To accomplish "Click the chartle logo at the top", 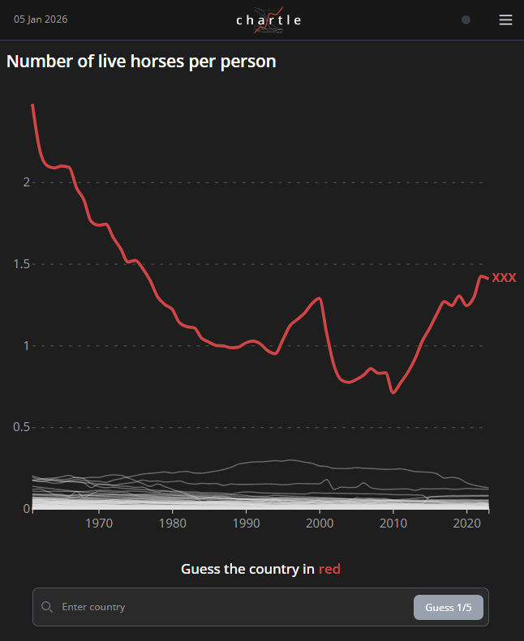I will click(x=268, y=20).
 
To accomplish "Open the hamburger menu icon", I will click(x=505, y=20).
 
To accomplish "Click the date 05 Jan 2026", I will click(x=41, y=19).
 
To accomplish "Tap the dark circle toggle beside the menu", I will click(x=466, y=20).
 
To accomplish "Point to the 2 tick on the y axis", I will click(x=26, y=182).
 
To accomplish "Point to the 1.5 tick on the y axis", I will click(x=21, y=264).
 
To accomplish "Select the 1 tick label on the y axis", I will click(x=26, y=346).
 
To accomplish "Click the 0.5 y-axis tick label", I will click(x=21, y=427).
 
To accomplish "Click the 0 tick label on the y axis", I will click(x=26, y=509).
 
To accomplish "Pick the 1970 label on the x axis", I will click(x=99, y=523).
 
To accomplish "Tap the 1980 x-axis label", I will click(x=173, y=523).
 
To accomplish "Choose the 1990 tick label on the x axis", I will click(x=246, y=523).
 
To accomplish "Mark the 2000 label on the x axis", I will click(x=320, y=523).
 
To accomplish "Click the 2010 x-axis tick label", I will click(x=393, y=523).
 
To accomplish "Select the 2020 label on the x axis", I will click(x=466, y=523).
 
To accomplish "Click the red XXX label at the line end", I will click(x=504, y=278).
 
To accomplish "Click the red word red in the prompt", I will click(x=329, y=570).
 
